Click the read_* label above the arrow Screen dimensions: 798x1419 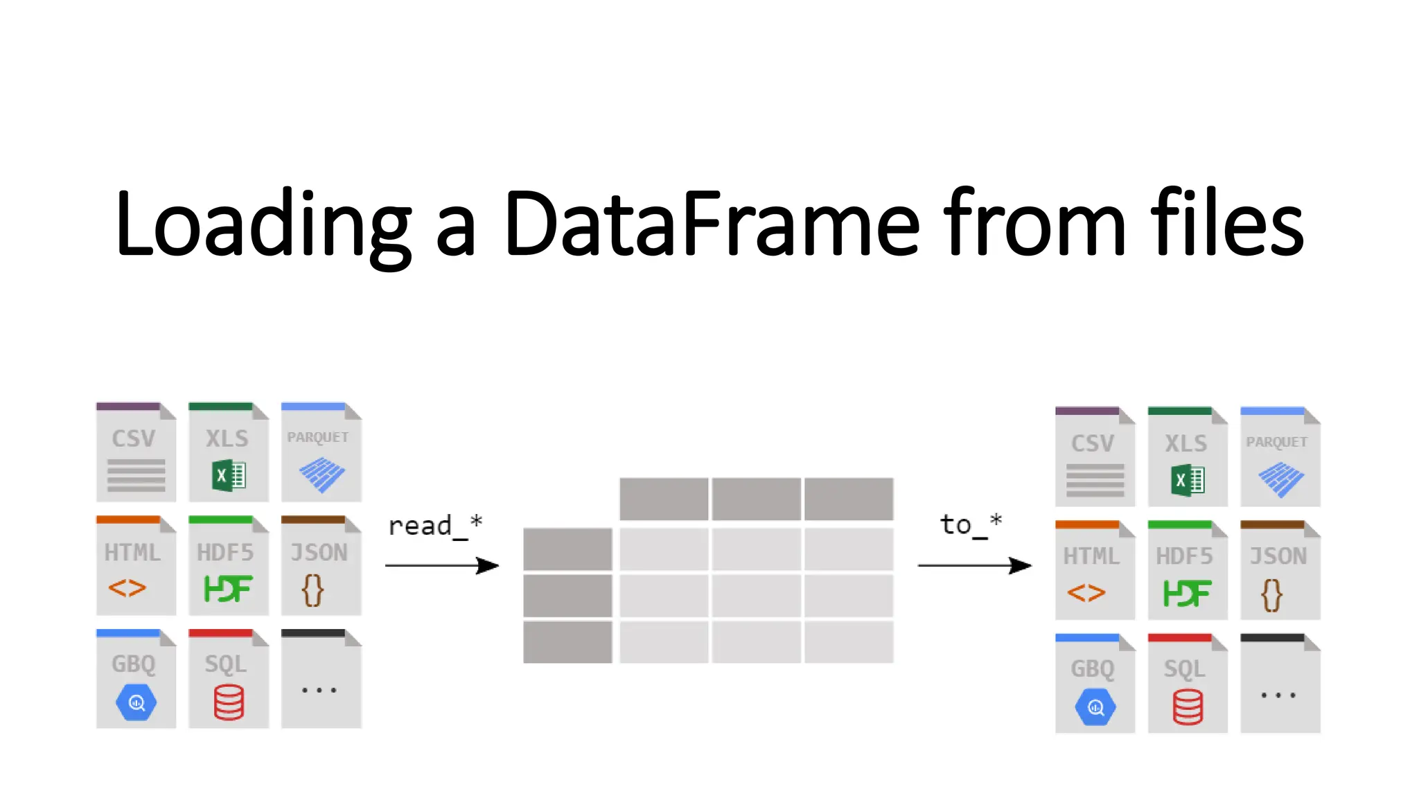pos(434,526)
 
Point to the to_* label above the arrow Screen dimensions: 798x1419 pos(971,524)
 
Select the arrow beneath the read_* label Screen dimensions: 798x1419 pos(442,565)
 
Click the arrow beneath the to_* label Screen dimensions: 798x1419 pos(974,565)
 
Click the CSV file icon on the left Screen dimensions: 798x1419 pos(136,452)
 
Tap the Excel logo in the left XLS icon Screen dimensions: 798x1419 pos(229,476)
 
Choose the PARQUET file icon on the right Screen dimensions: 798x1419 pos(1280,456)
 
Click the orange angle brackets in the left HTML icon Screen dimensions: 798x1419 pos(127,588)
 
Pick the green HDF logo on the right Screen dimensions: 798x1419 pos(1187,593)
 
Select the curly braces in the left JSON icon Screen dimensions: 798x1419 pos(312,590)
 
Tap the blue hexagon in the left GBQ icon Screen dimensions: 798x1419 pos(136,702)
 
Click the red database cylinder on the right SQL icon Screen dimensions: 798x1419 pos(1188,707)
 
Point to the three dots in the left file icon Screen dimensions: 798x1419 pos(319,690)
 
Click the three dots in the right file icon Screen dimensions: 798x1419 pos(1278,695)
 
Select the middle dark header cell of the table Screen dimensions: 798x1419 pos(756,499)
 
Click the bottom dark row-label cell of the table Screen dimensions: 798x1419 pos(567,642)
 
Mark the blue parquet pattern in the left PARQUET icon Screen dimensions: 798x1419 pos(321,475)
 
